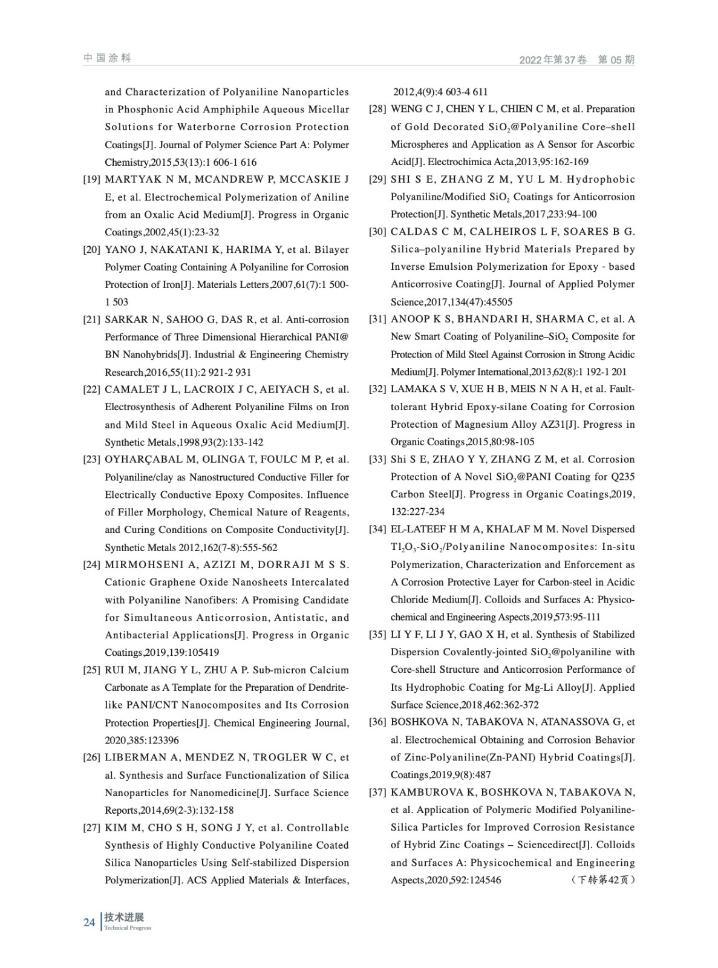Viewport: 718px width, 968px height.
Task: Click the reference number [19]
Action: tap(91, 180)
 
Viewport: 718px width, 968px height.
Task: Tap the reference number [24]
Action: tap(91, 565)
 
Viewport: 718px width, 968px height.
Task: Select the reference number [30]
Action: tap(377, 232)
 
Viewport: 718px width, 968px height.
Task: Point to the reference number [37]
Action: tap(377, 793)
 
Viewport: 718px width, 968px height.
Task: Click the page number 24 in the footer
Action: tap(89, 923)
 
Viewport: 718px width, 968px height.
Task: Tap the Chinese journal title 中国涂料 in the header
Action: tap(107, 58)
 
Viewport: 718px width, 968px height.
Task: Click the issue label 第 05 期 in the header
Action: tap(616, 60)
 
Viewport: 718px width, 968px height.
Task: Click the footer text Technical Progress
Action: tap(128, 928)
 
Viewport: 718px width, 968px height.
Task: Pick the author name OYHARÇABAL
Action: tap(143, 460)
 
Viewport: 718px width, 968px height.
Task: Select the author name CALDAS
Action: tap(412, 232)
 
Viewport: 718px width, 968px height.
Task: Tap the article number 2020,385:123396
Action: tap(142, 741)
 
